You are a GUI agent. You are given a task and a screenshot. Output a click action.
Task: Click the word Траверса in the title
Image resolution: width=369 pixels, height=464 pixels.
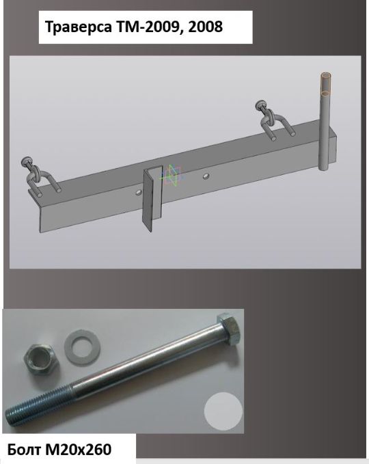tap(79, 27)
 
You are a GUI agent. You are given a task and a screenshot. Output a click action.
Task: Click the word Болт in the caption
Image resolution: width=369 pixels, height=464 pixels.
tap(25, 450)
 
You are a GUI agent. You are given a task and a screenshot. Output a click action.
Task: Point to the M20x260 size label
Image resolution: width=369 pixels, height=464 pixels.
tap(78, 450)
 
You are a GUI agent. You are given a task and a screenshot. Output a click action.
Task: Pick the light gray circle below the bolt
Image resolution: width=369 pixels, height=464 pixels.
tap(223, 411)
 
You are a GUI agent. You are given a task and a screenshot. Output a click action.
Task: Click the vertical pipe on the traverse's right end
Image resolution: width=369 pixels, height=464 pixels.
tap(325, 122)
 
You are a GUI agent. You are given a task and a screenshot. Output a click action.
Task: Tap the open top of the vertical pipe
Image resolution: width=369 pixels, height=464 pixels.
tap(325, 75)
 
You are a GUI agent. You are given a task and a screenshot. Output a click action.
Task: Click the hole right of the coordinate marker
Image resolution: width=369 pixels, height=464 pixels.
tap(206, 177)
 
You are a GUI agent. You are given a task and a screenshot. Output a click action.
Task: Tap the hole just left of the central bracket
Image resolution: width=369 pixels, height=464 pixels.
tap(137, 193)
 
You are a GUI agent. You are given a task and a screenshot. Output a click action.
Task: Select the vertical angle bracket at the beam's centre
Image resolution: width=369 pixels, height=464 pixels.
tap(152, 197)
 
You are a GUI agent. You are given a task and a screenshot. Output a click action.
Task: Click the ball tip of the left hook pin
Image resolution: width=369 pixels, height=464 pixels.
tap(26, 161)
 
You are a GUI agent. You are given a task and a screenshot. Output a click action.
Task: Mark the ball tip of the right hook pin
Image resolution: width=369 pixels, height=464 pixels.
tap(260, 105)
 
